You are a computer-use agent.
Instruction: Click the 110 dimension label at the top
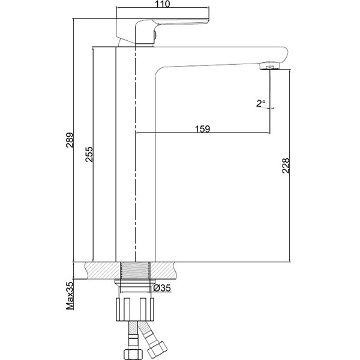click(x=163, y=4)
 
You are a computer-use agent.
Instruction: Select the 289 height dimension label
click(x=70, y=140)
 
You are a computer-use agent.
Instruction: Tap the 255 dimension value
click(x=89, y=154)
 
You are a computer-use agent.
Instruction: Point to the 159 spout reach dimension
click(x=203, y=129)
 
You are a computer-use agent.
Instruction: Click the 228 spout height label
click(x=286, y=166)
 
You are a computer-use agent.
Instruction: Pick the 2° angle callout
click(x=261, y=103)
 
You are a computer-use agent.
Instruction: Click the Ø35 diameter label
click(x=162, y=287)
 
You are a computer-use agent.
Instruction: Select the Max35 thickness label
click(x=70, y=295)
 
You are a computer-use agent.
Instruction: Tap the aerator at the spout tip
click(x=270, y=65)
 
